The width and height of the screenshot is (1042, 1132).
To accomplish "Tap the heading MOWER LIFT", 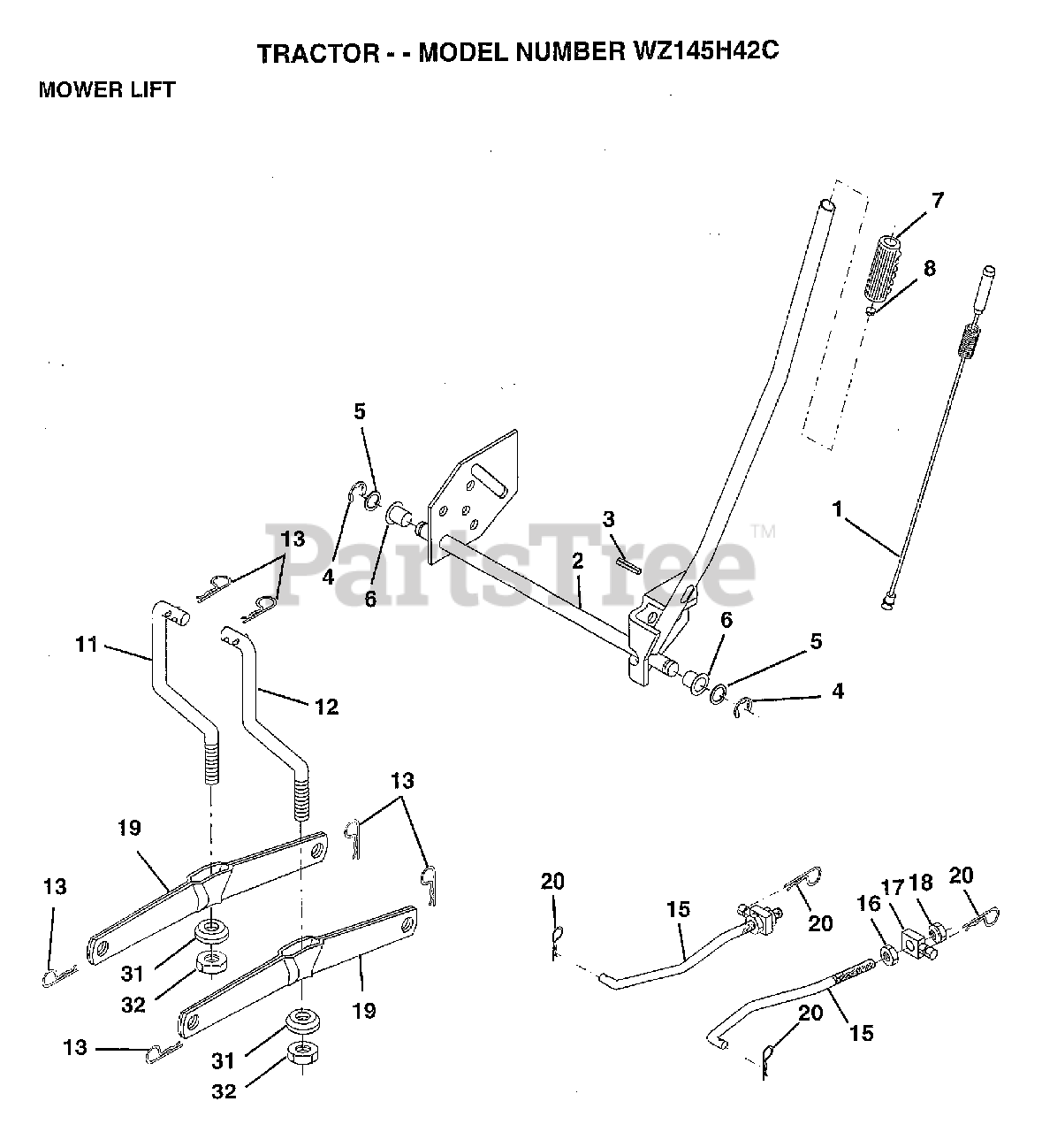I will point(107,90).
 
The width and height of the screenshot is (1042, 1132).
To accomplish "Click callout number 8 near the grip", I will point(928,268).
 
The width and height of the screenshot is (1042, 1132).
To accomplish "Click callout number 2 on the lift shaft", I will point(577,560).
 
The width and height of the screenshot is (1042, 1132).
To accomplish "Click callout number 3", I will point(609,518).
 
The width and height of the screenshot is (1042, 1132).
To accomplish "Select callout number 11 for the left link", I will point(86,646).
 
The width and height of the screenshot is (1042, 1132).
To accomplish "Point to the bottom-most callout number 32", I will point(224,1091).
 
